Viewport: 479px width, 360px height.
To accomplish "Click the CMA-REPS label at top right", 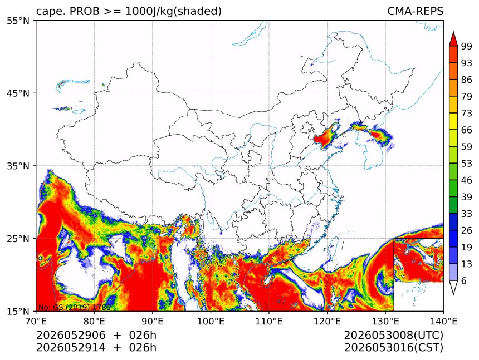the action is pos(415,11).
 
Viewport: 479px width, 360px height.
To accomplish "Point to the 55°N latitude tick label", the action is pos(18,21).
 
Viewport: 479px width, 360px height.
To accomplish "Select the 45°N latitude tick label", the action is pos(18,93).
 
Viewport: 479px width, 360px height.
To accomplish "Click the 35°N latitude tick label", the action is pos(18,166).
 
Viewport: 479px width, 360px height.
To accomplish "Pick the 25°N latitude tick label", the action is pos(18,238).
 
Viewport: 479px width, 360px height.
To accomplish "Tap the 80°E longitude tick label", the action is pos(94,321).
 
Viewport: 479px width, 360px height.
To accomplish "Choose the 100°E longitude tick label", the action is pos(211,321).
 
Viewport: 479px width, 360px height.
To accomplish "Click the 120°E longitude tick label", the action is pos(327,321).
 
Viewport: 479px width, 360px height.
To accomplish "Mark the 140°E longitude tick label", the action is pos(443,321).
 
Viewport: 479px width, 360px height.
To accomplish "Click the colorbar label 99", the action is pos(467,46).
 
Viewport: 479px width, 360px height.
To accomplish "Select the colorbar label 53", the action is pos(467,164).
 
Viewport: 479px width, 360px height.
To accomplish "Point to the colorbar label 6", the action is pos(464,280).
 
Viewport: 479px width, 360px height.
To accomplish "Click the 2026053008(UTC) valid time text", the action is pos(393,335).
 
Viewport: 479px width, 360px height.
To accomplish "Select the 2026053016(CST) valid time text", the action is pos(393,348).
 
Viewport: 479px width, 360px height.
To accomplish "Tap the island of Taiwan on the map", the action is pos(333,247).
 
